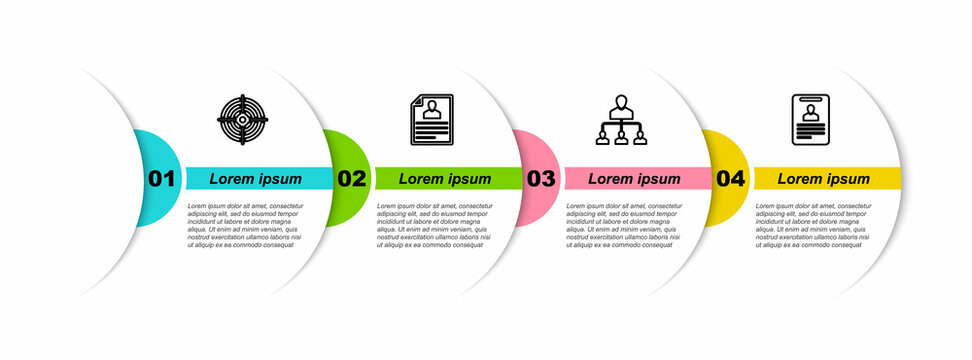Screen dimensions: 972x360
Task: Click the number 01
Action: tap(161, 179)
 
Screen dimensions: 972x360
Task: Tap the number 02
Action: tap(351, 179)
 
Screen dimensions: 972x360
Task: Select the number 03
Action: tap(540, 179)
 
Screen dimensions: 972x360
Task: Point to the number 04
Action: tap(730, 179)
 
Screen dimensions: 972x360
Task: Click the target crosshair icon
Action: tap(243, 120)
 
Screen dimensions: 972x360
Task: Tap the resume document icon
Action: tap(432, 120)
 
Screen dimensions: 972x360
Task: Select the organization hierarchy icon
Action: tap(621, 120)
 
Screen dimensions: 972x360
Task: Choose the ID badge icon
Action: tap(811, 120)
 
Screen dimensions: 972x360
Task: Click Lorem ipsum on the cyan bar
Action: tap(255, 179)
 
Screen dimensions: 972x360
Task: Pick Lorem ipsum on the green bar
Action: tap(445, 179)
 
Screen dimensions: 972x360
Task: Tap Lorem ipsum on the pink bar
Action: tap(634, 179)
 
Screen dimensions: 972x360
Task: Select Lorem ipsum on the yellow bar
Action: tap(824, 179)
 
